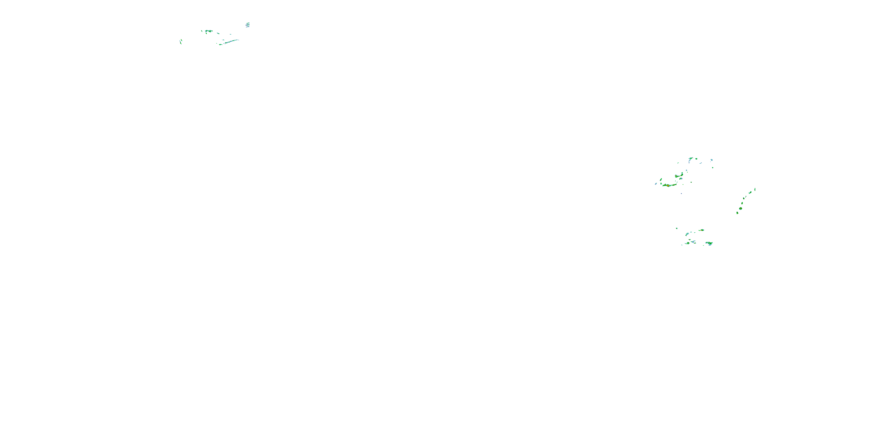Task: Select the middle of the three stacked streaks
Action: [x=248, y=25]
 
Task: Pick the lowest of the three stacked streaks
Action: [x=248, y=27]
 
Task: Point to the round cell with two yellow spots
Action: [x=741, y=208]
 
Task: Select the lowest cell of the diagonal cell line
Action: [x=737, y=213]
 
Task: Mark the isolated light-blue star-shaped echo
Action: [x=712, y=160]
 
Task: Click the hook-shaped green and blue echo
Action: [x=690, y=159]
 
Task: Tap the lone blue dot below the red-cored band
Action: [x=682, y=194]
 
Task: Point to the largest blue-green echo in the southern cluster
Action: [x=709, y=243]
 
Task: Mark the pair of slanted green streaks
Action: [x=181, y=42]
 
